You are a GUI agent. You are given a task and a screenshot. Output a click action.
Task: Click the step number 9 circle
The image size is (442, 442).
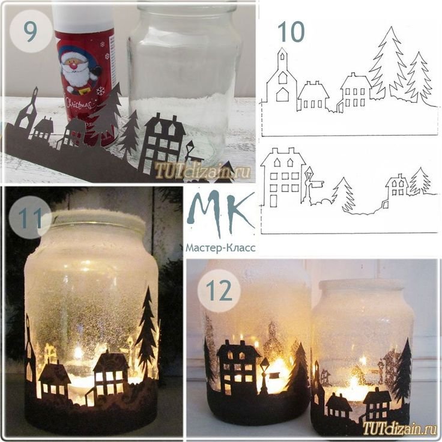(x=31, y=31)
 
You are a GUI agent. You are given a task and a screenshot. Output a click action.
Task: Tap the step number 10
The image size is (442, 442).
(x=291, y=32)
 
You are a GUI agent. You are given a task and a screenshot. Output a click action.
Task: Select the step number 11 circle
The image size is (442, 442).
(x=30, y=217)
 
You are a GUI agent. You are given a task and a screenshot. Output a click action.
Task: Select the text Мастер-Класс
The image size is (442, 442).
(x=220, y=248)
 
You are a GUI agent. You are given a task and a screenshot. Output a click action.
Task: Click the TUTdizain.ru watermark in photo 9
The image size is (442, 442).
(x=202, y=170)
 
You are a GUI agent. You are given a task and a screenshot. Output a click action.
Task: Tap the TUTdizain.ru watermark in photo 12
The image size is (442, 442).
(x=400, y=428)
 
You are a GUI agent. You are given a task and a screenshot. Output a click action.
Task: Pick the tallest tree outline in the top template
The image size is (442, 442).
(x=386, y=61)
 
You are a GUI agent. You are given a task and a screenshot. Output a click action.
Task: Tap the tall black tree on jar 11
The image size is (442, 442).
(x=147, y=333)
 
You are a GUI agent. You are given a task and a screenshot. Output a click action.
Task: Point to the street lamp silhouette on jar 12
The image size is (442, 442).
(x=265, y=375)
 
